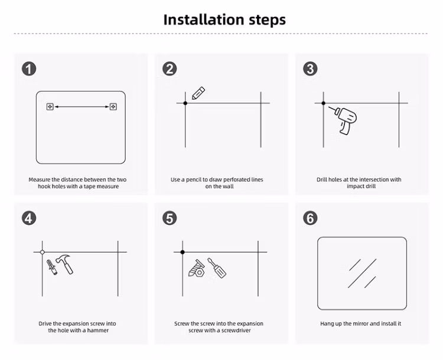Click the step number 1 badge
click(29, 69)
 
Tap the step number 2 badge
click(170, 69)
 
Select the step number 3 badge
click(310, 69)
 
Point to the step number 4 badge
click(29, 218)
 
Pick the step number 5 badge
click(170, 218)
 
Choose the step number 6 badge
click(310, 218)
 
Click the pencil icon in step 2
click(198, 93)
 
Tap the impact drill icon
click(345, 120)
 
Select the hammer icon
click(65, 264)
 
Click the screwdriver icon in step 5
click(217, 268)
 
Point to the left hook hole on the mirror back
click(50, 107)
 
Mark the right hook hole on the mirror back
click(113, 107)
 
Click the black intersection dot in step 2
click(185, 103)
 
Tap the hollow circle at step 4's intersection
click(43, 252)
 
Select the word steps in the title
click(267, 20)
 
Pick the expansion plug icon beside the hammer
click(52, 267)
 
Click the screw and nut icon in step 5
click(197, 269)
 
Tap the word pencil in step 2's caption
click(193, 179)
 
